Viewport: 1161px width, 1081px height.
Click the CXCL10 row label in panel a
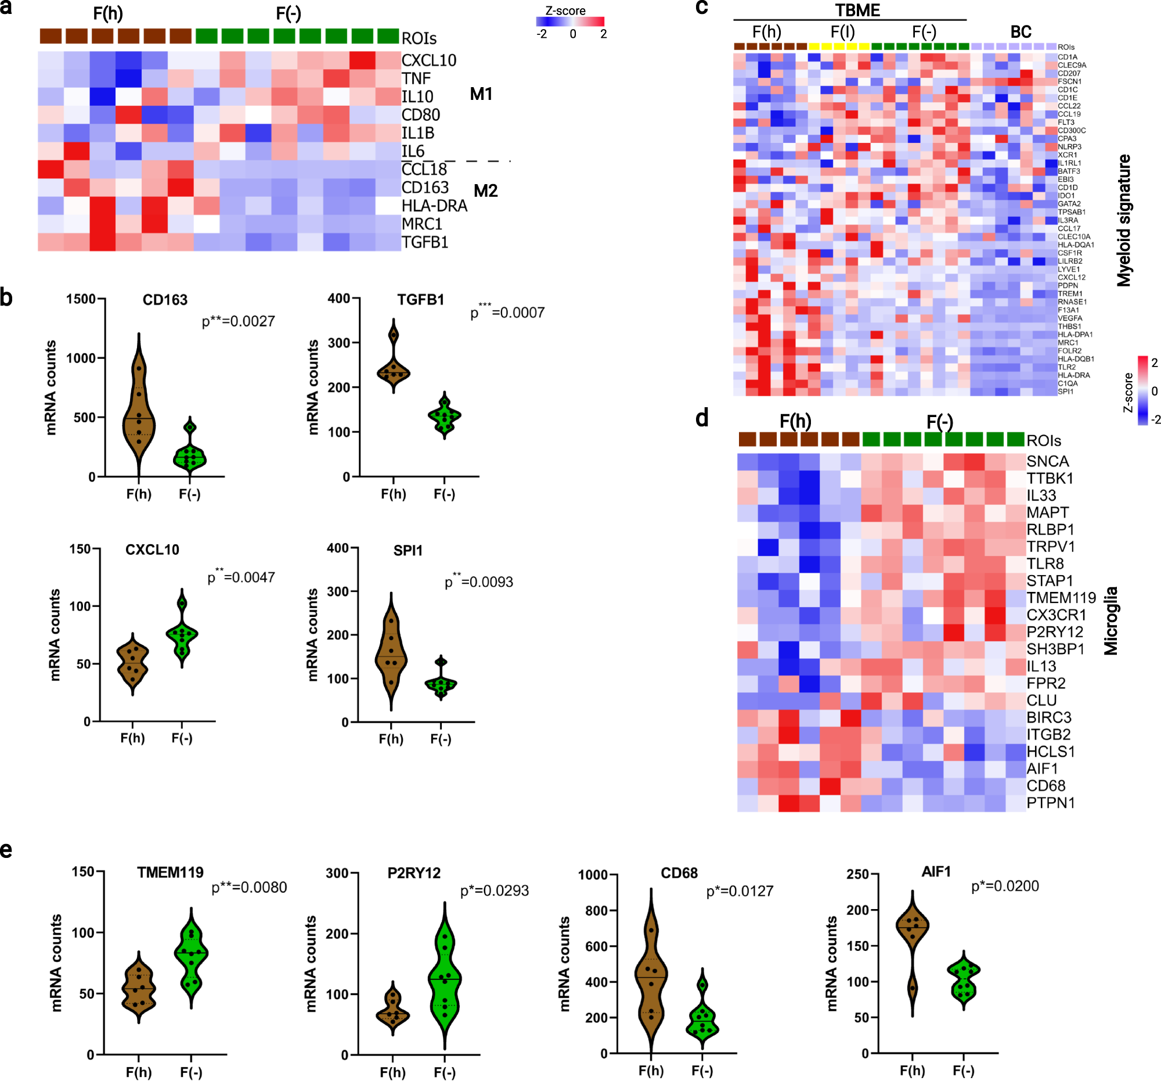[x=428, y=60]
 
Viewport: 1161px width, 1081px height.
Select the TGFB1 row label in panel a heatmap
[x=424, y=242]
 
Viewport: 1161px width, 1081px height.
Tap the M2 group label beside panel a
[x=485, y=191]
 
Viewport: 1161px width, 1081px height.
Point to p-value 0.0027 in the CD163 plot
[x=238, y=321]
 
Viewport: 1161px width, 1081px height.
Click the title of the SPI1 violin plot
[x=408, y=551]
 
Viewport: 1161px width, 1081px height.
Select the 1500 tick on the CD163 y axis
[x=81, y=299]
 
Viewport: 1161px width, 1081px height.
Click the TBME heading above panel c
[x=857, y=10]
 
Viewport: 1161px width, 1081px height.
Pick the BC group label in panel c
[x=1021, y=32]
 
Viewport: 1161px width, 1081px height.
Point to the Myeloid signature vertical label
[x=1124, y=221]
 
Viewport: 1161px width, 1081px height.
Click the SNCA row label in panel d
[x=1048, y=461]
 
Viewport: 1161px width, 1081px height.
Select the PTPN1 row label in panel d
[x=1051, y=802]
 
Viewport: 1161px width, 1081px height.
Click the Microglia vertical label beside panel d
[x=1110, y=620]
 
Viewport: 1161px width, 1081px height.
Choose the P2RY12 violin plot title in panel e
[x=414, y=873]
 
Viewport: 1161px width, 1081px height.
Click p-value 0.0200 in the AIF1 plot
[x=1004, y=886]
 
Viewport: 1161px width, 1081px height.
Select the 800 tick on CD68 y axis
[x=596, y=911]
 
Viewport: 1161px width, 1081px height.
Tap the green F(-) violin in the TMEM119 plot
[x=191, y=958]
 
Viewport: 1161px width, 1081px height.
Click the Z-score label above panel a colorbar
[x=565, y=10]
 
